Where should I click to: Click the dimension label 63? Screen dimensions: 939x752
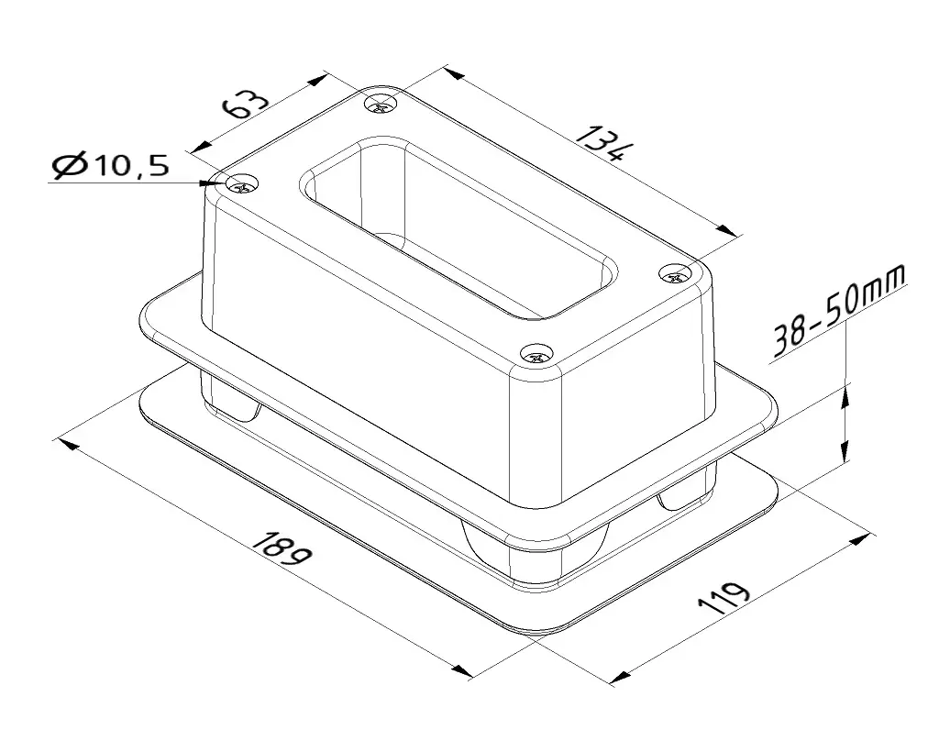tap(246, 105)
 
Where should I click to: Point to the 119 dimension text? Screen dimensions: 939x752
tap(724, 597)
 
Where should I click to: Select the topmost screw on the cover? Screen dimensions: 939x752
tap(381, 104)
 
